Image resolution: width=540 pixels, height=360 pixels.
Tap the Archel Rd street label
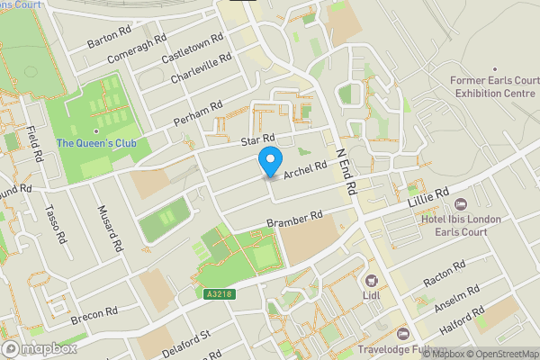304,169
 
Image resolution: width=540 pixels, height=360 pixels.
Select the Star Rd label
256,140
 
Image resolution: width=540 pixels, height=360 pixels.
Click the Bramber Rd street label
293,220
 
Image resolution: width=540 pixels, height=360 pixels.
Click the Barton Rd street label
110,38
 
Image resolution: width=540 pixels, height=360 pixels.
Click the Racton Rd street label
444,274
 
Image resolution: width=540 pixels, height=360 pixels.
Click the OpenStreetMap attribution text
500,354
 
